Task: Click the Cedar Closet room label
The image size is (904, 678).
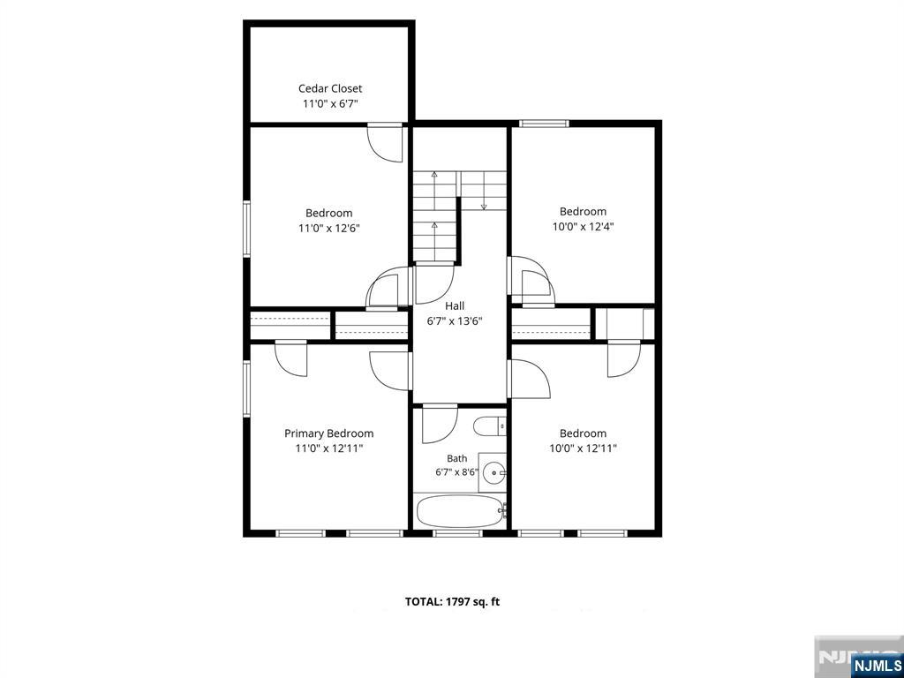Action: (330, 89)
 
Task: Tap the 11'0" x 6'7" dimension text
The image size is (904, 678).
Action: (330, 104)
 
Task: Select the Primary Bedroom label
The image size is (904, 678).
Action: (328, 433)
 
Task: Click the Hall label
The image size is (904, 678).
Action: (455, 306)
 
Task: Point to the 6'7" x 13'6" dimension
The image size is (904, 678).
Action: (455, 321)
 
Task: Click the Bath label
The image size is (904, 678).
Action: (457, 459)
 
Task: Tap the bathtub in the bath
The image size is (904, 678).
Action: (459, 511)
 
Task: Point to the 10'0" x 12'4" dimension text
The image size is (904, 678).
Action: (583, 227)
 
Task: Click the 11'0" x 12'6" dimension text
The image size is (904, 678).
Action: (328, 229)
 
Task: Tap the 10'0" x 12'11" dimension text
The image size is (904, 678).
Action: (583, 448)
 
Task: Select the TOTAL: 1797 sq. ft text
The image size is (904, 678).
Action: (453, 602)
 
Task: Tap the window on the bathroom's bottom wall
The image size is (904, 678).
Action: (457, 533)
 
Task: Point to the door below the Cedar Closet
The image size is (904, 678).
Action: (385, 142)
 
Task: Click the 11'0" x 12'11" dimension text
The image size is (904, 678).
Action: (328, 448)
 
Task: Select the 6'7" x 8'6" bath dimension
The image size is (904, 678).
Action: (457, 473)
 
